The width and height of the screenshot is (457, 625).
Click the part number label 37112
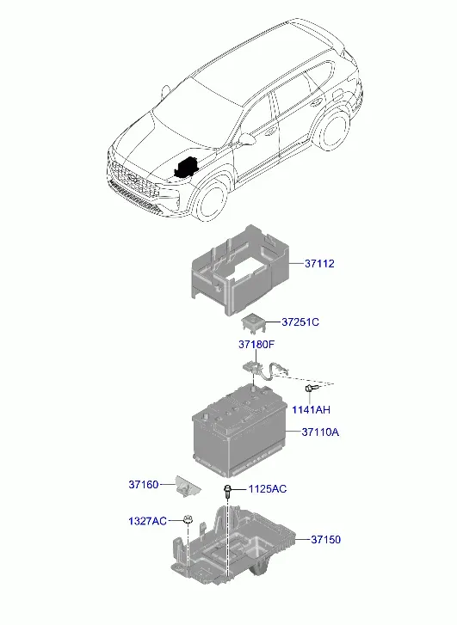click(319, 263)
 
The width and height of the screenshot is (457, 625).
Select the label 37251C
click(300, 322)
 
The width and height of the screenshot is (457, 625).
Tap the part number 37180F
click(256, 345)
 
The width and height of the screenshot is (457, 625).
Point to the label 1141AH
click(311, 409)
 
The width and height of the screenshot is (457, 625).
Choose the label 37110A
click(320, 432)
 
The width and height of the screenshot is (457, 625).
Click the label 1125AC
click(268, 488)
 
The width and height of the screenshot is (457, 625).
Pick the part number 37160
click(143, 485)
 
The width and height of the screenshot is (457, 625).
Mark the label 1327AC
click(147, 521)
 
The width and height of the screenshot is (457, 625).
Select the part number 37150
click(325, 540)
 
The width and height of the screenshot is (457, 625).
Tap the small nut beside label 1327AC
click(187, 520)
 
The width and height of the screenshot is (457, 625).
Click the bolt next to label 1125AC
click(227, 491)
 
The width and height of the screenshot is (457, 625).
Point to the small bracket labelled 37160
click(188, 486)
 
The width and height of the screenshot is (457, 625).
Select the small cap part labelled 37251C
click(253, 323)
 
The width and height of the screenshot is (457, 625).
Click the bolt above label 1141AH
click(311, 388)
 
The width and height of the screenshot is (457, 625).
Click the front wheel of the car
click(213, 201)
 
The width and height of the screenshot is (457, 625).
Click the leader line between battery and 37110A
click(293, 432)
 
